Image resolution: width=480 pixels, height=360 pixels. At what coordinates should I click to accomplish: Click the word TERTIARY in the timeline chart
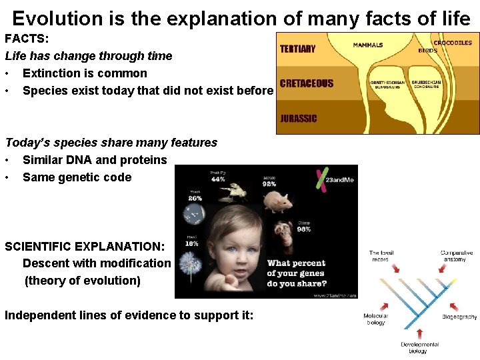point(298,49)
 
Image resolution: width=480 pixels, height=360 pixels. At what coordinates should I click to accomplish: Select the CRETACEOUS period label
point(307,84)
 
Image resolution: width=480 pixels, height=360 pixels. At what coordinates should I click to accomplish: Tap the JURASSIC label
point(299,119)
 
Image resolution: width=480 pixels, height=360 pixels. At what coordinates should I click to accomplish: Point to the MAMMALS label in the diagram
point(368,45)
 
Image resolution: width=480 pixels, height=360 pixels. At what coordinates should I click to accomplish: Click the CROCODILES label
point(453,43)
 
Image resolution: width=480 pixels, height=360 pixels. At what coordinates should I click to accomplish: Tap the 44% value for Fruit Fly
point(217,179)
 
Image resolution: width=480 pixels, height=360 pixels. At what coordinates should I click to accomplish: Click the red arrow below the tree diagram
point(419,331)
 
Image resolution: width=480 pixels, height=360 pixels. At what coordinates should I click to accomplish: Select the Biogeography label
point(459,317)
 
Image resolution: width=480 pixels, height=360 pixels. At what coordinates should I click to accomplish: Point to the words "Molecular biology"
point(375,319)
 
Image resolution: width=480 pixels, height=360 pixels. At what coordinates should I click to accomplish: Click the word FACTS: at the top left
point(27,39)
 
